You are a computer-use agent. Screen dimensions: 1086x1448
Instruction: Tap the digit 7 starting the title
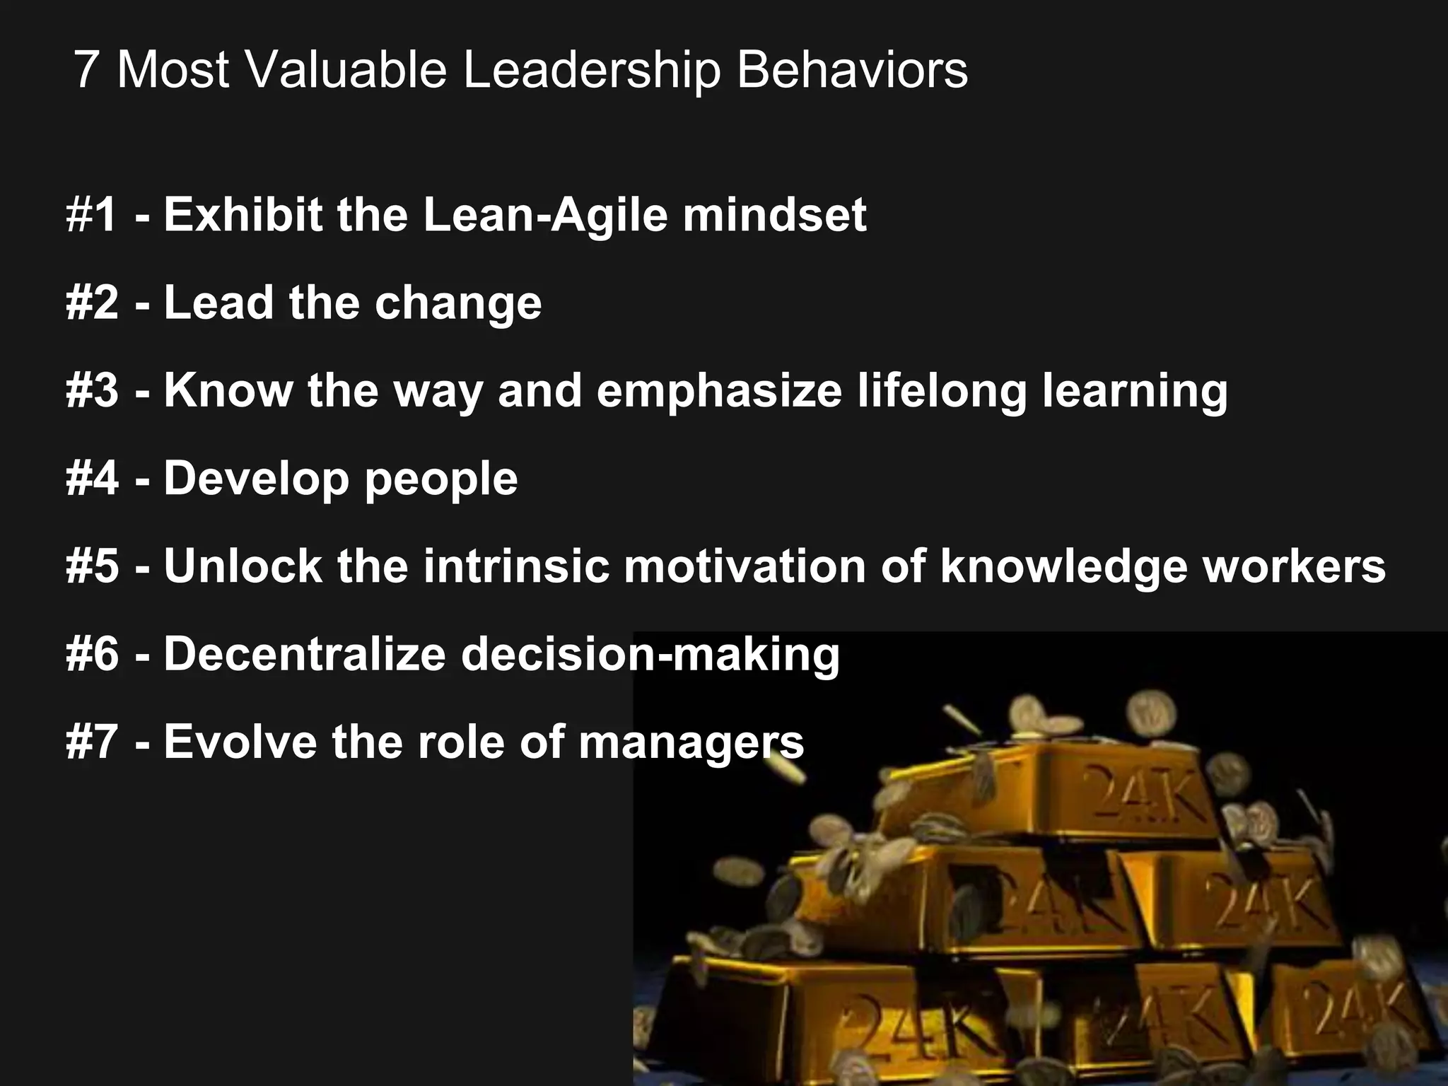click(86, 70)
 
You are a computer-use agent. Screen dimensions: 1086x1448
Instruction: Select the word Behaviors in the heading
click(851, 70)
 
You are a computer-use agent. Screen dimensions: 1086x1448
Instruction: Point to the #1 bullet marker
click(91, 215)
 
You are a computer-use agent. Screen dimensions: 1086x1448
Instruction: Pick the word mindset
click(774, 215)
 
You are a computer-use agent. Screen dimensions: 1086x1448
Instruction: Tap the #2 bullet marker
click(92, 303)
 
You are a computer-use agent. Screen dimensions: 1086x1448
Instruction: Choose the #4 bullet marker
click(92, 479)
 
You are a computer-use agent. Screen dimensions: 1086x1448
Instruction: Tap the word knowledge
click(1063, 568)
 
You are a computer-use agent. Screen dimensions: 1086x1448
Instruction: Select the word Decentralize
click(305, 654)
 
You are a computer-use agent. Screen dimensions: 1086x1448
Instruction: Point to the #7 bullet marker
click(92, 742)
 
